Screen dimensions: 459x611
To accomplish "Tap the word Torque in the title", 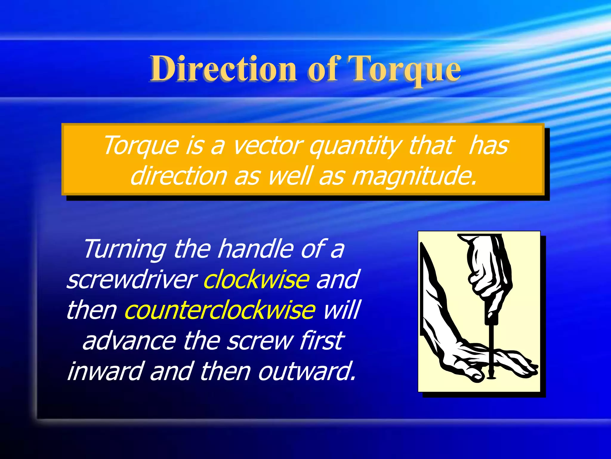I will pos(405,69).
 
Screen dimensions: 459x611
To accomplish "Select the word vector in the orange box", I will pos(267,146).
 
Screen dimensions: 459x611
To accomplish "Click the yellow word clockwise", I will pos(256,279).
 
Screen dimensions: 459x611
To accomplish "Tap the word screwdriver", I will pos(132,280).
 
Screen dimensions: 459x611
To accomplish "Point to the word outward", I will pos(307,371).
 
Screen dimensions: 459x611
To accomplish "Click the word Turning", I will pos(125,249).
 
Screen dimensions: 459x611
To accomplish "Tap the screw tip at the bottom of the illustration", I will pos(491,377).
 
